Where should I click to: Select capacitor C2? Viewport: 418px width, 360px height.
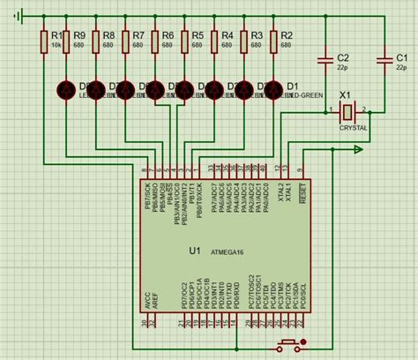[328, 60]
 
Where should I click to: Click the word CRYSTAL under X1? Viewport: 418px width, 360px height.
[353, 127]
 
